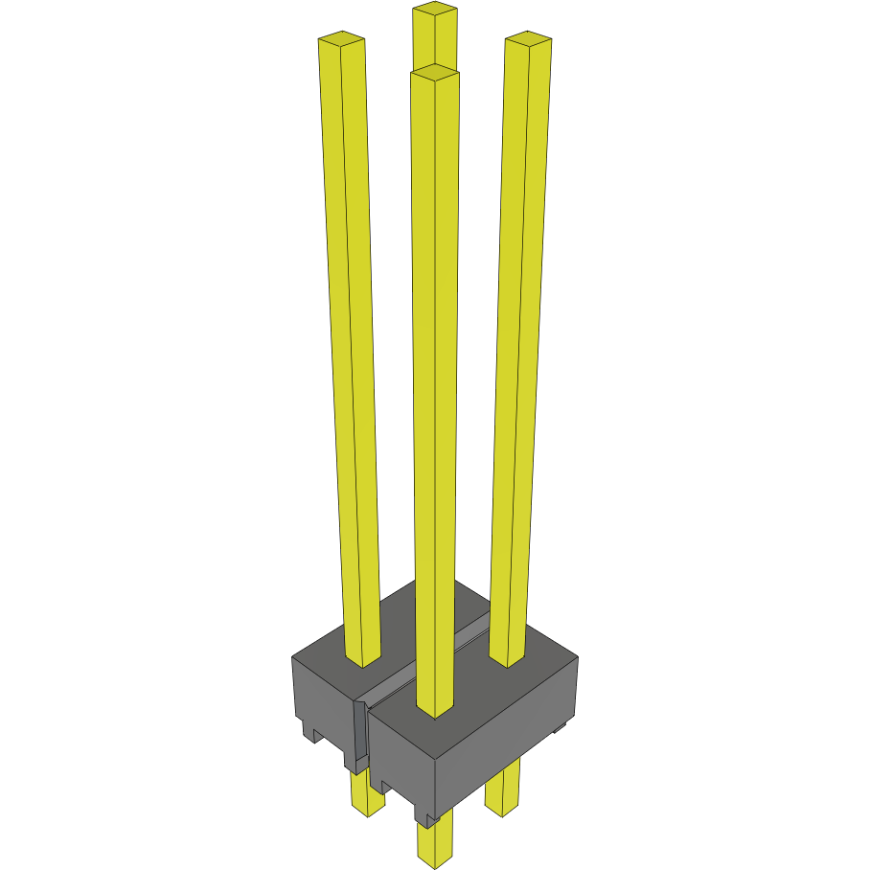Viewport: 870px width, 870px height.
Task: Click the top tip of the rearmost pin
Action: tap(435, 11)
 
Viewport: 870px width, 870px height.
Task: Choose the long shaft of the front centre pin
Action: tap(435, 383)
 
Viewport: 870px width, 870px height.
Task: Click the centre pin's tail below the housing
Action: tap(434, 843)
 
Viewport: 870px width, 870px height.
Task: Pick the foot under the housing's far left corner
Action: tap(309, 734)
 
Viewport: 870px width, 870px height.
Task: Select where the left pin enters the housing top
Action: tap(363, 661)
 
